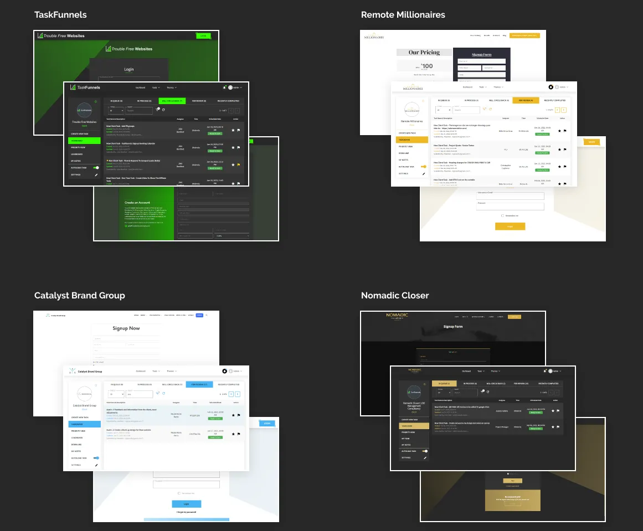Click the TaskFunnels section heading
pos(60,14)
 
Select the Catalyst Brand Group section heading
pos(79,295)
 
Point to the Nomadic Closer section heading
pos(394,295)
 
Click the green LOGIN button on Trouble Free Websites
pos(203,35)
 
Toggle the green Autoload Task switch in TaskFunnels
pos(96,167)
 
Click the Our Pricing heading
pos(424,53)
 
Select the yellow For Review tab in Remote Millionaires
pos(526,100)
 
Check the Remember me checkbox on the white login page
pos(502,215)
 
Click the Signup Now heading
pos(126,328)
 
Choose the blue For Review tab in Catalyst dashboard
pos(199,384)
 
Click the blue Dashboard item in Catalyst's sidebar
pos(84,424)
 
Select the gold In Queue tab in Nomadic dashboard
pos(444,383)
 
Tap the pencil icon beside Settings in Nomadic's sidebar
pos(425,457)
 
